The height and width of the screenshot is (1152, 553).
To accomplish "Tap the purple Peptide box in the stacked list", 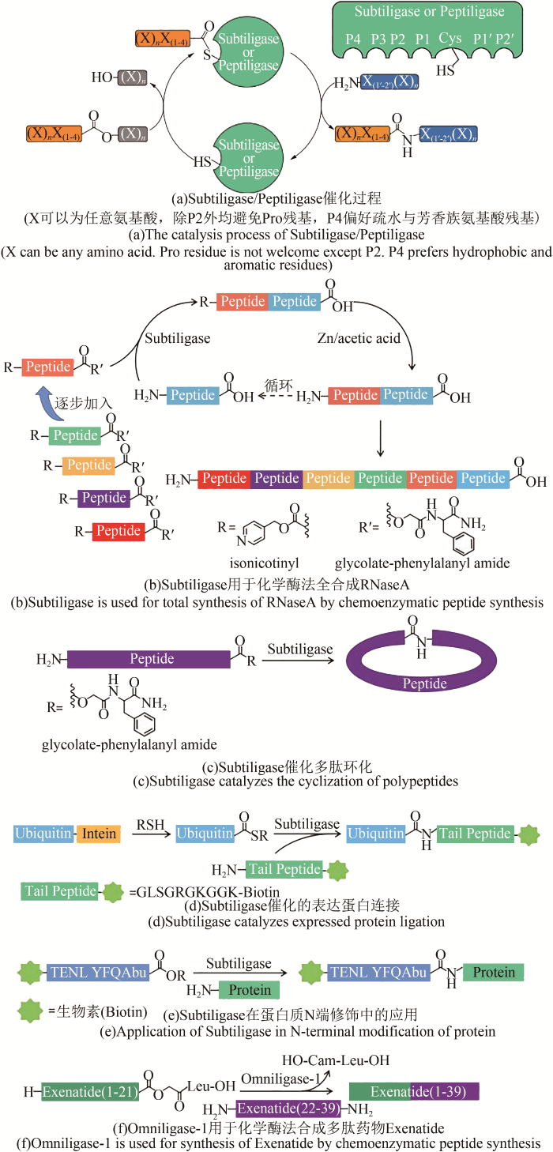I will (x=103, y=498).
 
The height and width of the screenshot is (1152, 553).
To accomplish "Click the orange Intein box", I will (x=99, y=834).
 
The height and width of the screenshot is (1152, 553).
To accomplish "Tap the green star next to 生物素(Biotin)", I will (x=28, y=1011).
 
